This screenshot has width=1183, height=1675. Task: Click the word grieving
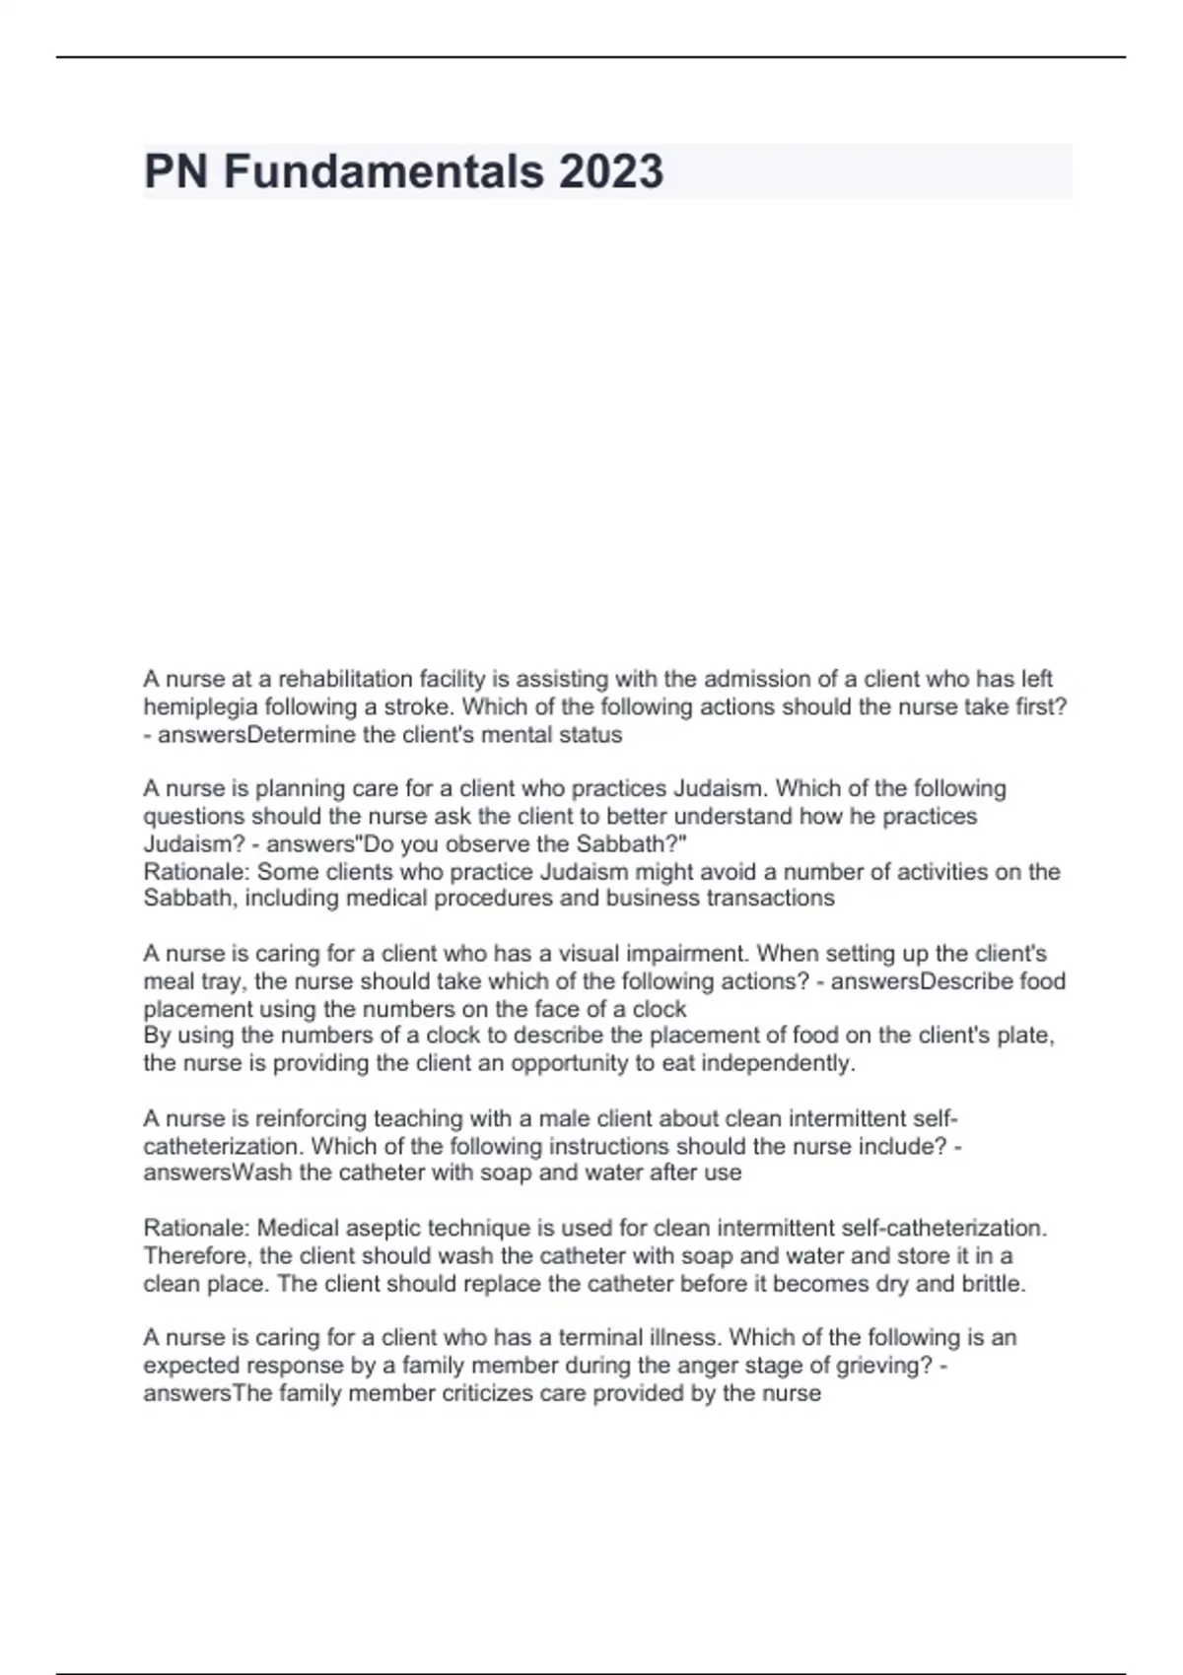[879, 1365]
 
